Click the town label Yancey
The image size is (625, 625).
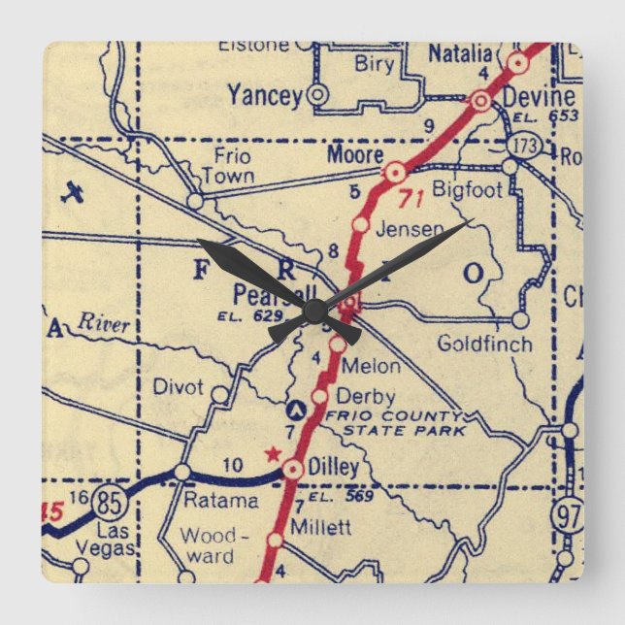pos(264,94)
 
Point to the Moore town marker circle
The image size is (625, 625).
pos(394,173)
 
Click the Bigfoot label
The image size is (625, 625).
pos(468,189)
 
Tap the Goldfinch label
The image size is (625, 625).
pos(484,344)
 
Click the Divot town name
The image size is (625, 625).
pos(179,387)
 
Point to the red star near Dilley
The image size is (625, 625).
pos(274,452)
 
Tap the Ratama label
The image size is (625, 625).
pos(222,501)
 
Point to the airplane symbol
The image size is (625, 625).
pos(72,192)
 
